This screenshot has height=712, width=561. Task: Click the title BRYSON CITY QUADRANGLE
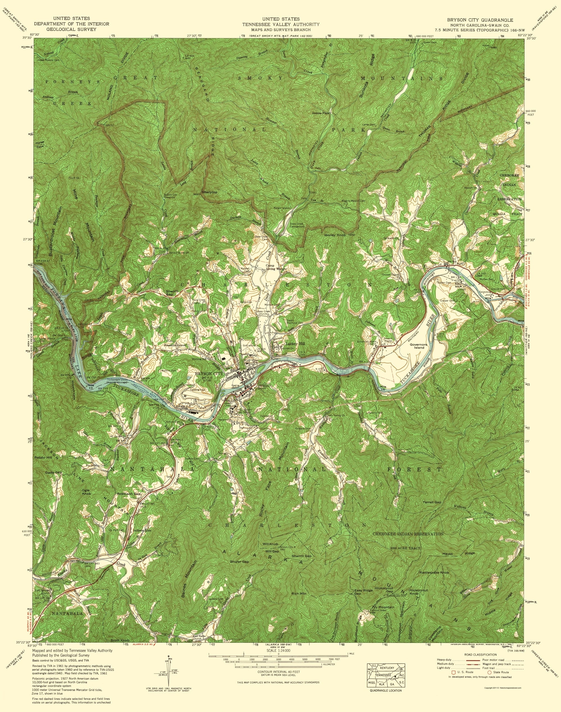coord(480,20)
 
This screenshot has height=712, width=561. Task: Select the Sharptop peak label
coord(210,192)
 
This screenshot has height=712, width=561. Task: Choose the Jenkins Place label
coord(321,113)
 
